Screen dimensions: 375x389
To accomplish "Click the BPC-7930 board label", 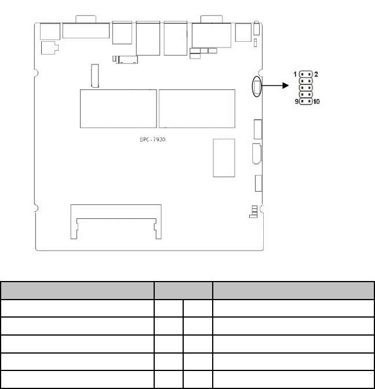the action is click(152, 139).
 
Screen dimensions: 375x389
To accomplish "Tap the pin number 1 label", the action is click(295, 74).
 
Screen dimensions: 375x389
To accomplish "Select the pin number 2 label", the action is click(316, 74).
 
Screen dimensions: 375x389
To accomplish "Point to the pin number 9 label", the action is click(297, 102).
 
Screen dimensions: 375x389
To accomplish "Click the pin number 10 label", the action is click(316, 102).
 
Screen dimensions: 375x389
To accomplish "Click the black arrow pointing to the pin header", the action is click(275, 85).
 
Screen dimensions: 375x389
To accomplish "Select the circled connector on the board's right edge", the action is click(257, 87).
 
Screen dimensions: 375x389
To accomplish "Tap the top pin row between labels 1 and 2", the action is click(305, 74).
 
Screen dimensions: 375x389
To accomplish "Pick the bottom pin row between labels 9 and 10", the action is click(305, 101).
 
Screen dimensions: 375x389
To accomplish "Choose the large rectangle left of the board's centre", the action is click(118, 109).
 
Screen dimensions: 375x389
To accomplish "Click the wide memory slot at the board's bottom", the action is click(116, 222).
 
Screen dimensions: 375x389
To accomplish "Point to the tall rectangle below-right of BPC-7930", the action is click(224, 158).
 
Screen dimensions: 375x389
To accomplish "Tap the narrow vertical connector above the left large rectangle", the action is click(95, 75).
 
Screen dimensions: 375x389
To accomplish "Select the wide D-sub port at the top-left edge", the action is click(86, 31).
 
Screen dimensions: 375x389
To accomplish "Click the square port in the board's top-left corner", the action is click(50, 31).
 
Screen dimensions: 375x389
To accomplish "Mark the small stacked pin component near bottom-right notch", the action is click(253, 211).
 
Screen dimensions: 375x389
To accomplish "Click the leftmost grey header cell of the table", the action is click(77, 290).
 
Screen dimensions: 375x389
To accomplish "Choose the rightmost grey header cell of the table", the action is click(293, 290).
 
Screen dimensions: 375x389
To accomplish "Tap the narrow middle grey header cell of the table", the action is click(183, 290).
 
